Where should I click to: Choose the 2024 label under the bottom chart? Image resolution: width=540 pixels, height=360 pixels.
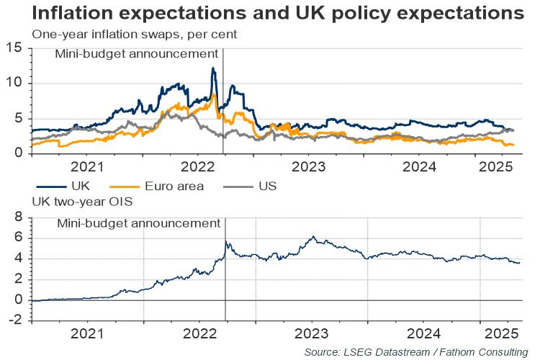pyautogui.click(x=423, y=335)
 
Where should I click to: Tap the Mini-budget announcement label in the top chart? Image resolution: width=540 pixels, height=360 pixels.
pyautogui.click(x=137, y=54)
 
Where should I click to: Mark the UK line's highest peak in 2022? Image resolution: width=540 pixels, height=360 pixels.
pyautogui.click(x=212, y=68)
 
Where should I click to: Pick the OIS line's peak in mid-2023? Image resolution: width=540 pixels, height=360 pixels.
pyautogui.click(x=313, y=236)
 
